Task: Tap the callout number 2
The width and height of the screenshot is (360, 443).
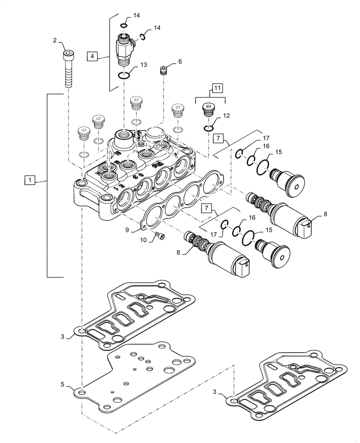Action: pos(55,40)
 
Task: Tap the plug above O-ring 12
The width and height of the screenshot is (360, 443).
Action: pos(208,109)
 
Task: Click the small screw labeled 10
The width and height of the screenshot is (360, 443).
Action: pos(159,237)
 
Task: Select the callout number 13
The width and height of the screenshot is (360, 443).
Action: pos(143,65)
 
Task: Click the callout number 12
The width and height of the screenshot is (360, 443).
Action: pos(227,116)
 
